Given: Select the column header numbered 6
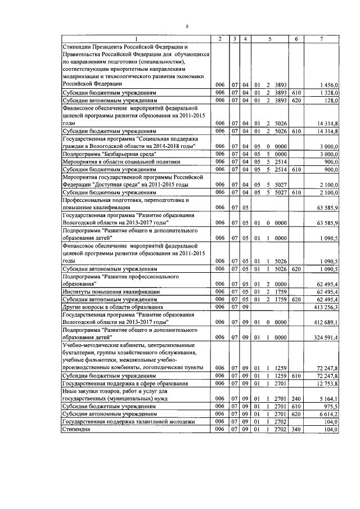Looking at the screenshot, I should (x=296, y=38).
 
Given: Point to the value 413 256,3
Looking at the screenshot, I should (x=326, y=307).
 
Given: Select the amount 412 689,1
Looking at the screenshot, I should (x=326, y=322).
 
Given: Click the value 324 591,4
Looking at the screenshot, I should (x=326, y=337).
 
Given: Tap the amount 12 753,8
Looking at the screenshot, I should (x=327, y=383).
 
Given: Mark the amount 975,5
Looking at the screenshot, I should (x=331, y=406).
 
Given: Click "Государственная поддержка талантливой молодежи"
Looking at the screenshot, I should (x=129, y=421).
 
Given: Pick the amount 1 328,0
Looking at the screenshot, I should (x=328, y=92).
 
